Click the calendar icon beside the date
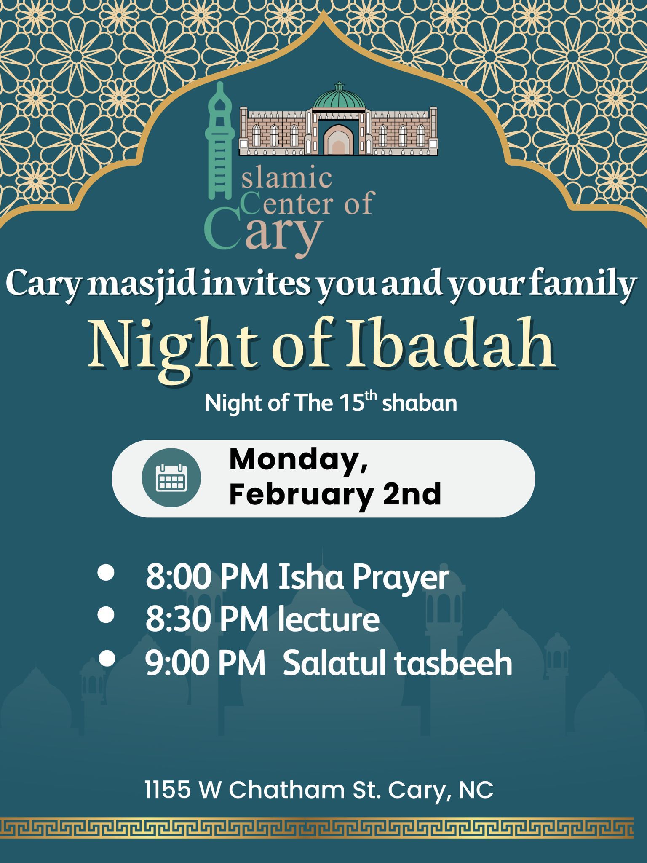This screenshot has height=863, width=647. click(x=171, y=478)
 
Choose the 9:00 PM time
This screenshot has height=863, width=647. click(x=206, y=663)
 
